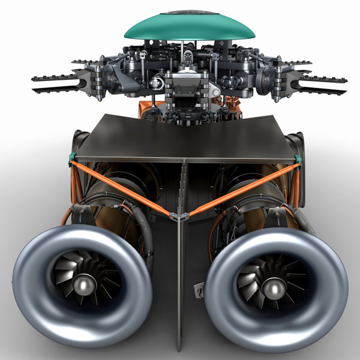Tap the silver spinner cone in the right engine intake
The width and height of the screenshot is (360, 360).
click(x=274, y=289)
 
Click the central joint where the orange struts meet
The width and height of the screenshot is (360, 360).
click(x=179, y=215)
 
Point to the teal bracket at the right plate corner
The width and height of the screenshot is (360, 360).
click(x=298, y=159)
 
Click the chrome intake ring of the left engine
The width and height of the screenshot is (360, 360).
click(x=36, y=300)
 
